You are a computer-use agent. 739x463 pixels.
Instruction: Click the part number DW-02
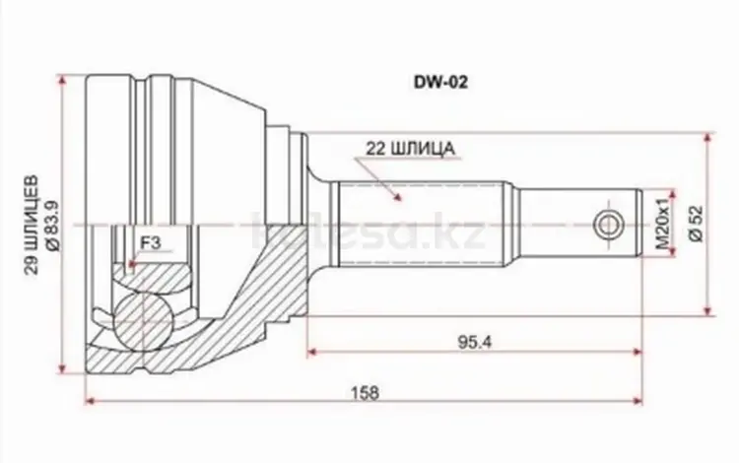pos(440,83)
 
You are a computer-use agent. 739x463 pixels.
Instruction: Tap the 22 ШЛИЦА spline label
pos(411,149)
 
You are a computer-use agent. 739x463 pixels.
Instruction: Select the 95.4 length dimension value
pos(475,342)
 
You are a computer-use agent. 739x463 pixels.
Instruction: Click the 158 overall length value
pos(365,392)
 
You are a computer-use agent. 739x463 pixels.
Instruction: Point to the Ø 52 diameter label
pos(697,225)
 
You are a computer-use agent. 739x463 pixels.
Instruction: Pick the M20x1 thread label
pos(663,224)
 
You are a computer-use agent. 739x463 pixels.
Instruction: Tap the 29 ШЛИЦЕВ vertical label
pos(32,226)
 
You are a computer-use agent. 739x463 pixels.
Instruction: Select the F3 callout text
pos(151,242)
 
